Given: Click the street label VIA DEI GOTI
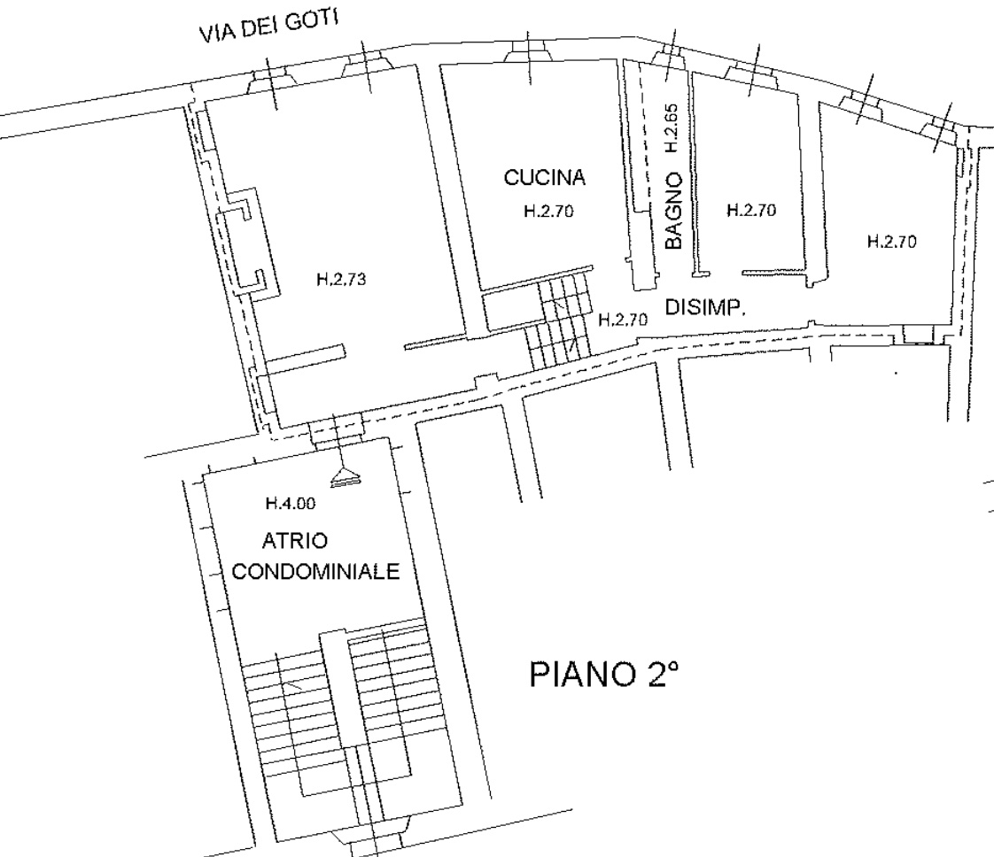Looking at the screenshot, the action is [x=268, y=27].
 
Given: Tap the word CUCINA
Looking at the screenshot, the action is [x=545, y=178].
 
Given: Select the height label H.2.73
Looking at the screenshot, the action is [x=341, y=280].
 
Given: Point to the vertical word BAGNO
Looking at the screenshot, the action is [x=673, y=211].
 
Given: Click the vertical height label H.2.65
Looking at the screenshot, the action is [x=672, y=128].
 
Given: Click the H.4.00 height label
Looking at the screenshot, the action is [x=291, y=504].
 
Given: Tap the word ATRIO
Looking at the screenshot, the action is [x=295, y=541].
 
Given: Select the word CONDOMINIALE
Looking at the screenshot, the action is [x=315, y=571].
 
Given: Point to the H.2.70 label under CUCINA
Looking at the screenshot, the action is [x=548, y=211].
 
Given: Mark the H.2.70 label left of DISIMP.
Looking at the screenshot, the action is [x=623, y=320].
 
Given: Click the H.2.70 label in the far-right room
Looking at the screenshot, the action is [x=892, y=242].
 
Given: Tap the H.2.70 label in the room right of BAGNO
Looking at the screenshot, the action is [x=751, y=210].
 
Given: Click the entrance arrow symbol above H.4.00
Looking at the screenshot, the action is [x=342, y=477].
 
